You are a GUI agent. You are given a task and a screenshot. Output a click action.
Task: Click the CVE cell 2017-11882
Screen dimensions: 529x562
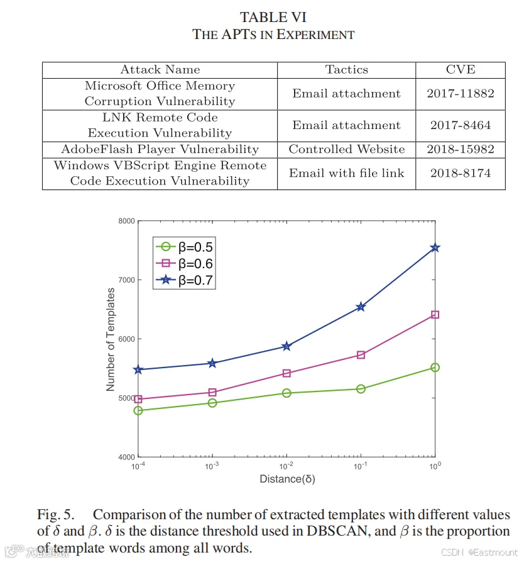coord(461,94)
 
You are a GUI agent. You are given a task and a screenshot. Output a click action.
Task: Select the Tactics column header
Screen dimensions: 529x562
coord(346,69)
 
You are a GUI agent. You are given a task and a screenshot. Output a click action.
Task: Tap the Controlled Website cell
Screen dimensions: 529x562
coord(346,149)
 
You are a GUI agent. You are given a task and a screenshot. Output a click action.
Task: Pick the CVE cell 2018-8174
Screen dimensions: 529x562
coord(461,173)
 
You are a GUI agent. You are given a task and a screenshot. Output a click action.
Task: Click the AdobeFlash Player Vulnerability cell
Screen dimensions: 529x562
coord(160,149)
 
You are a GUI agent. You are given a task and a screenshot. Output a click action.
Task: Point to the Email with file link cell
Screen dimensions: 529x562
coord(346,173)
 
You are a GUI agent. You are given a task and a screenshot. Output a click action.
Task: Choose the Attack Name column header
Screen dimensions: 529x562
coord(160,69)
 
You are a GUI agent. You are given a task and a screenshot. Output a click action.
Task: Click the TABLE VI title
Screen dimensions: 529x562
coord(273,17)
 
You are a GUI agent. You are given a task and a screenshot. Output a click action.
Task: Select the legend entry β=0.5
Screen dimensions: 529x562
coord(184,247)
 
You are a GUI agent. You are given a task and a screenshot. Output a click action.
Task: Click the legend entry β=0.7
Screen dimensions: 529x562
coord(184,280)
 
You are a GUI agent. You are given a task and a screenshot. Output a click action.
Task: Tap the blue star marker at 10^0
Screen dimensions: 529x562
coord(435,248)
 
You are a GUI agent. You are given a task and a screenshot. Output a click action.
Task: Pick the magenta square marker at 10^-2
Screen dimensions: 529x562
coord(286,373)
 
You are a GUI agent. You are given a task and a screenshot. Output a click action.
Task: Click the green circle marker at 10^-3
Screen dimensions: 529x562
coord(212,403)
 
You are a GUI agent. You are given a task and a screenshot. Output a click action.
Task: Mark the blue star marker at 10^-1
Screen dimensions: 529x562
coord(361,307)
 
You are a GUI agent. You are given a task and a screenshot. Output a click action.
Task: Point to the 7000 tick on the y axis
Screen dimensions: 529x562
coord(127,280)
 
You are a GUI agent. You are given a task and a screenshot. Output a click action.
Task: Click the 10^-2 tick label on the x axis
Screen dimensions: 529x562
coord(286,466)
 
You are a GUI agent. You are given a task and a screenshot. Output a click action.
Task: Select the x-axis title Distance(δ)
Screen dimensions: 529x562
coord(287,479)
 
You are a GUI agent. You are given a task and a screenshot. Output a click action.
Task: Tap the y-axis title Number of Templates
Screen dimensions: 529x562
coord(111,339)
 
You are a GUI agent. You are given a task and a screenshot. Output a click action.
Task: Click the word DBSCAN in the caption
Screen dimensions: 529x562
coord(337,531)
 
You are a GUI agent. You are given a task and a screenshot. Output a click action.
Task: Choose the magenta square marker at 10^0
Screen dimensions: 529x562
coord(435,315)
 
